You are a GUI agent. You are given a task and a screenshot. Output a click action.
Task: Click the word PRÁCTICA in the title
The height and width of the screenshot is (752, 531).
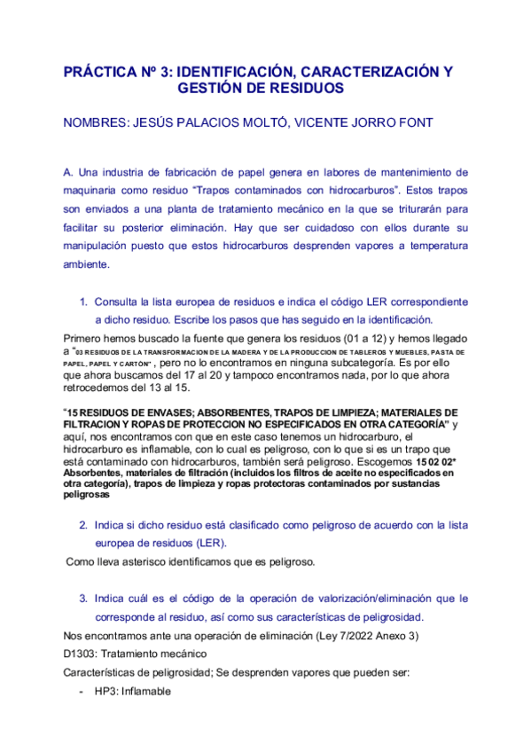click(x=100, y=72)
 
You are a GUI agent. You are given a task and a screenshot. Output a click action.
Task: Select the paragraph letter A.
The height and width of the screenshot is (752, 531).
click(x=68, y=171)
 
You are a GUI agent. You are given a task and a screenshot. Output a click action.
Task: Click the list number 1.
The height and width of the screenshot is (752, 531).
click(x=83, y=302)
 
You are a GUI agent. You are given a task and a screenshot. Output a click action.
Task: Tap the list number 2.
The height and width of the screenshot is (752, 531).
click(x=83, y=525)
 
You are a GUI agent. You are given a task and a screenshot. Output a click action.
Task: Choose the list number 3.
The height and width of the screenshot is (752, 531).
click(x=83, y=599)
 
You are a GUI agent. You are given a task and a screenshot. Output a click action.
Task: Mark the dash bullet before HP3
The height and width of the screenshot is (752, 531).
click(x=82, y=691)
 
